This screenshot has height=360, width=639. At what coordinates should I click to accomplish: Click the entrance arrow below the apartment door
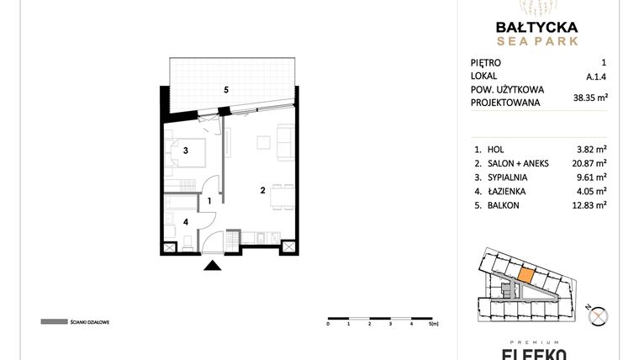click(213, 267)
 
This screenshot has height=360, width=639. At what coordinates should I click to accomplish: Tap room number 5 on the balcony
click(226, 89)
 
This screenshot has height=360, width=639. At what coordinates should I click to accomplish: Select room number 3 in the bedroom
click(187, 151)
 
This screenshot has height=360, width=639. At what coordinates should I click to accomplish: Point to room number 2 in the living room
click(263, 191)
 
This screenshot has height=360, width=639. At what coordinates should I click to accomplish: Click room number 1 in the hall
click(209, 201)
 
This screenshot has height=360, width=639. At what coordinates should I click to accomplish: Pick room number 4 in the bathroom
click(187, 222)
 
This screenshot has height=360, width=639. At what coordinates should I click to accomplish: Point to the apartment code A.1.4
click(595, 77)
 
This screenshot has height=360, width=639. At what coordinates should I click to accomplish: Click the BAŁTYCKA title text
click(536, 25)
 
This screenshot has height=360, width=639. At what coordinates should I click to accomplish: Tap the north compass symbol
click(599, 315)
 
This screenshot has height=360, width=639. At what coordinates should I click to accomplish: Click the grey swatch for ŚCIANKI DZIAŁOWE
click(53, 321)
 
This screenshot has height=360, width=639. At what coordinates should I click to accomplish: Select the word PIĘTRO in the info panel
click(486, 62)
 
